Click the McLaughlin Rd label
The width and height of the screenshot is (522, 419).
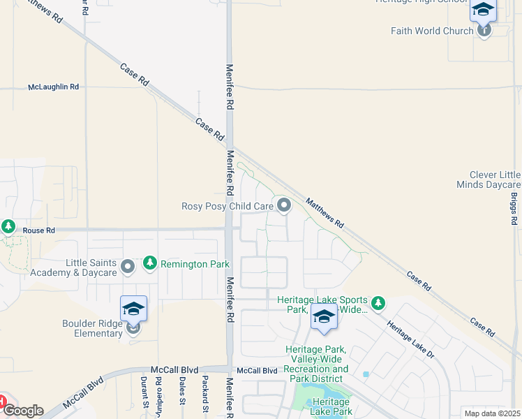pyautogui.click(x=53, y=87)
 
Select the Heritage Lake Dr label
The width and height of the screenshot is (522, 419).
pyautogui.click(x=411, y=341)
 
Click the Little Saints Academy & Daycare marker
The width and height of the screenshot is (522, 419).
pyautogui.click(x=128, y=266)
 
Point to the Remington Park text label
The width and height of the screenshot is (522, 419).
pyautogui.click(x=185, y=264)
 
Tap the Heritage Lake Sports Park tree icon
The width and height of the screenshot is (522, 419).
pyautogui.click(x=378, y=303)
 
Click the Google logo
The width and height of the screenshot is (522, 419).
pyautogui.click(x=22, y=411)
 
